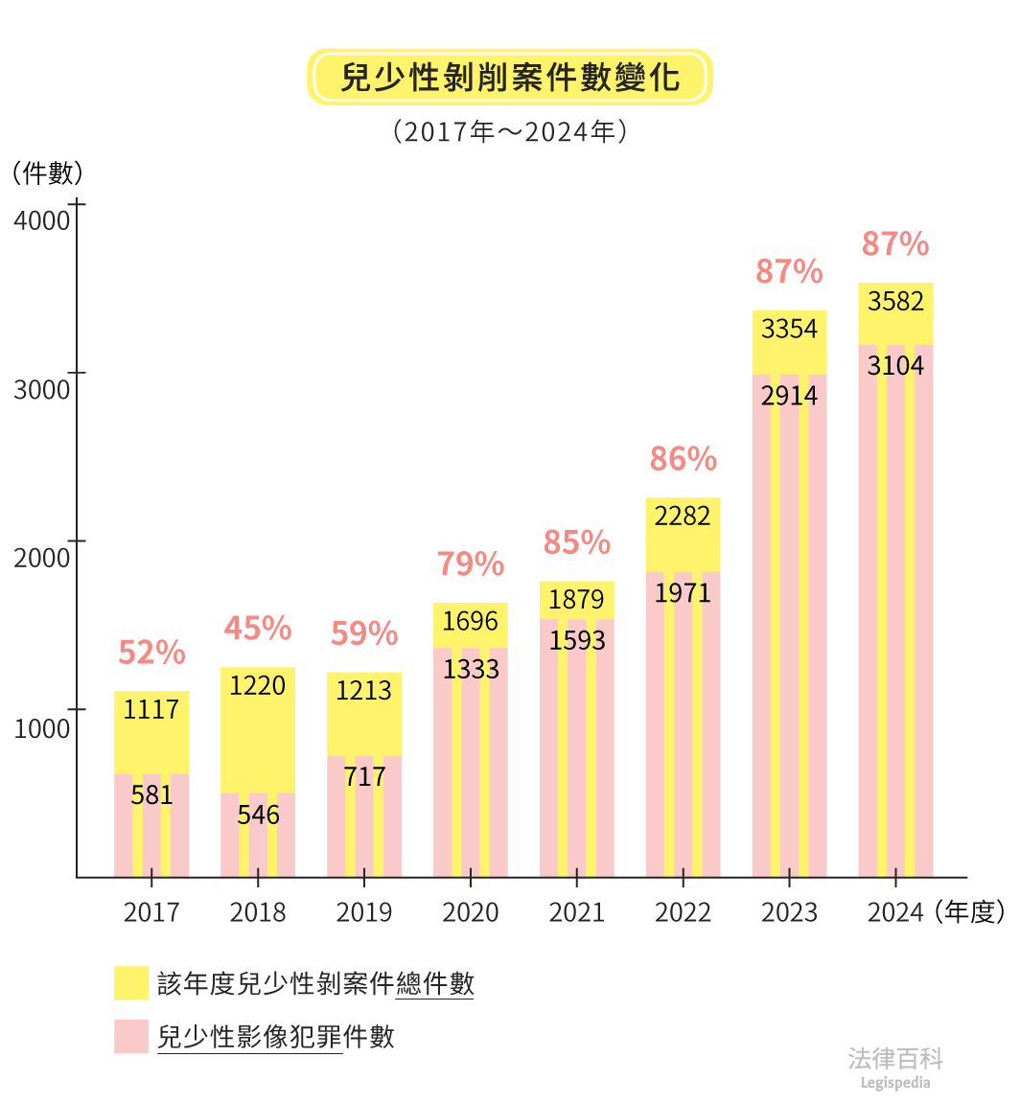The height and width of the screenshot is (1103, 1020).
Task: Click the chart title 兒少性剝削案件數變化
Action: pyautogui.click(x=509, y=78)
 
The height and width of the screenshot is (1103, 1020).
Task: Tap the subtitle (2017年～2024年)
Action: pyautogui.click(x=509, y=131)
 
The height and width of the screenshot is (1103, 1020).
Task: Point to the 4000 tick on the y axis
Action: pyautogui.click(x=42, y=220)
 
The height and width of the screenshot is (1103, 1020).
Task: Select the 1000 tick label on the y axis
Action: pyautogui.click(x=42, y=728)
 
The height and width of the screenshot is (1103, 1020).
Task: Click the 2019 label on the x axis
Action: pyautogui.click(x=363, y=912)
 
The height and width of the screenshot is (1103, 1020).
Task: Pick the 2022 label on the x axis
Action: pyautogui.click(x=683, y=912)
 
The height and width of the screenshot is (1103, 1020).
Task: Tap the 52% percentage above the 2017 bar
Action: pyautogui.click(x=151, y=653)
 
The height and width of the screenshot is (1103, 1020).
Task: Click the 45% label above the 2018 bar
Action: pyautogui.click(x=257, y=629)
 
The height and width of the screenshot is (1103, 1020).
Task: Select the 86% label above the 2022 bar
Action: pyautogui.click(x=683, y=459)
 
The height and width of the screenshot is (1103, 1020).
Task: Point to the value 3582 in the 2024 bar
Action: pyautogui.click(x=895, y=302)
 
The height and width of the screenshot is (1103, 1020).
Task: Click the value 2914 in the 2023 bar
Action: pyautogui.click(x=789, y=396)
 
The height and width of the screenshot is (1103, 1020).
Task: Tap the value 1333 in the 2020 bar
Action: pyautogui.click(x=471, y=669)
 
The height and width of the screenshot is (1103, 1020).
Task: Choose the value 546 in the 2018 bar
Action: pyautogui.click(x=257, y=815)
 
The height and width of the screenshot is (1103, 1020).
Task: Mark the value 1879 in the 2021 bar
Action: pyautogui.click(x=576, y=600)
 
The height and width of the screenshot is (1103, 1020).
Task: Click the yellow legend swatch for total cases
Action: pyautogui.click(x=131, y=983)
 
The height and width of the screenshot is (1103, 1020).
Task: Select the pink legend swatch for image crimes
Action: pyautogui.click(x=131, y=1036)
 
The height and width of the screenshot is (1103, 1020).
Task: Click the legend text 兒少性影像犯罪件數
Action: pyautogui.click(x=276, y=1037)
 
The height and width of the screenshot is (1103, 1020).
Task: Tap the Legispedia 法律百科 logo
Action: pyautogui.click(x=895, y=1067)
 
